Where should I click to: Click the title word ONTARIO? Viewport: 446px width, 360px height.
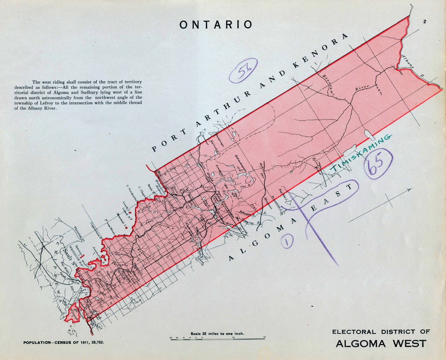216,25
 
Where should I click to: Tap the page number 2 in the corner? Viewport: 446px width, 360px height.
424,22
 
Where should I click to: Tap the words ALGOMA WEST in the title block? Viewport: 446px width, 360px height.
381,343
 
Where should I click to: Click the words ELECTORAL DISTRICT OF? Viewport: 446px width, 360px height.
381,332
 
